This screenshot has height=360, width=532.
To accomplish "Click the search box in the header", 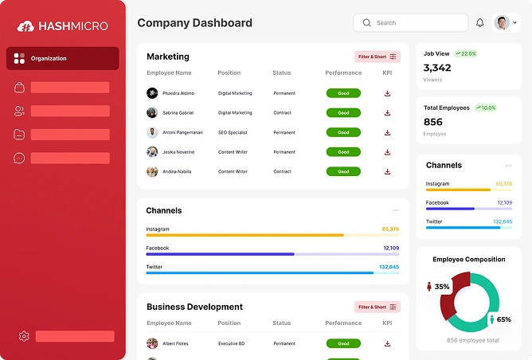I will coord(410,23).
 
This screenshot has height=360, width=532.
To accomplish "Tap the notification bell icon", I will coord(480,23).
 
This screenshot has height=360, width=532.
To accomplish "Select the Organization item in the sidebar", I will coord(62,58).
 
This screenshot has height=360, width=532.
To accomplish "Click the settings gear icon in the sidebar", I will coord(24,336).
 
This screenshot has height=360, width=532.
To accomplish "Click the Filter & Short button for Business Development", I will coord(377,307).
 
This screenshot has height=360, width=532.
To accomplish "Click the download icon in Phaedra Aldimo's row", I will coord(387,93).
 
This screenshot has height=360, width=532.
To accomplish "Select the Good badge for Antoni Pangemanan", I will coord(343,132).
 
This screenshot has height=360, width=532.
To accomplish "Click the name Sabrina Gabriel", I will coord(178,113).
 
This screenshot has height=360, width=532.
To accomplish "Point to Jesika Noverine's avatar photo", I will coord(152,151).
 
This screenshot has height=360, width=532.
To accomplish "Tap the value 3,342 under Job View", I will coord(437,68).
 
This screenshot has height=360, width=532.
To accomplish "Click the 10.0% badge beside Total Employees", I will coord(485,108).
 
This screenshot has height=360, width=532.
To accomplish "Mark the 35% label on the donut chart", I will coord(441,286).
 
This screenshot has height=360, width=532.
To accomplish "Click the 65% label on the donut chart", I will coord(503,319).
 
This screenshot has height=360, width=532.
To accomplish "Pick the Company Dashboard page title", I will coord(194,23).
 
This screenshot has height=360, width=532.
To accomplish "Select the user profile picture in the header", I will coord(502,23).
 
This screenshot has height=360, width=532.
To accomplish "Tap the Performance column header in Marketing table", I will coord(343,73).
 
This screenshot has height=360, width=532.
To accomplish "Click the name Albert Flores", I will coord(176,343).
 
